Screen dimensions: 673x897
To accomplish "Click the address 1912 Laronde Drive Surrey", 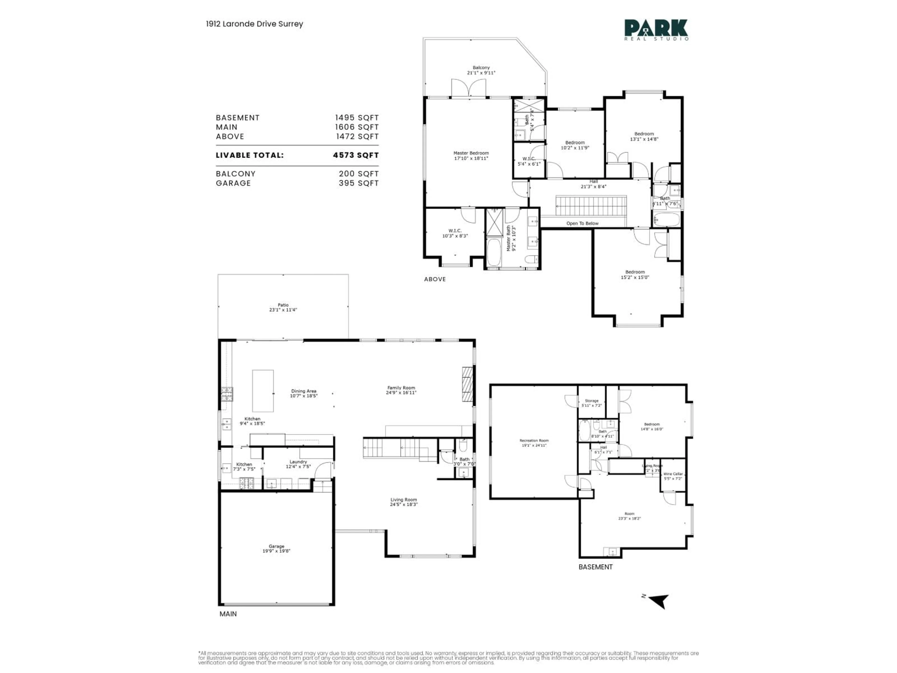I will click(254, 24).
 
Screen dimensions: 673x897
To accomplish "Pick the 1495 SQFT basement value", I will click(356, 118).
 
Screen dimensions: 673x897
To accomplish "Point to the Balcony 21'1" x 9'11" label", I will click(481, 70).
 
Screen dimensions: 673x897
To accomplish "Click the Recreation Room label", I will click(534, 443).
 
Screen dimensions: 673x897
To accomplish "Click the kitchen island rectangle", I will click(263, 391).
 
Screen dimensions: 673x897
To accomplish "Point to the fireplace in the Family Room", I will click(468, 384).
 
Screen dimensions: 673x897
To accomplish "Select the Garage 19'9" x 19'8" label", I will click(276, 548).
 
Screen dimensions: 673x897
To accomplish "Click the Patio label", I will click(283, 307).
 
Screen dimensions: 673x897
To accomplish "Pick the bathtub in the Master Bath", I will click(494, 252).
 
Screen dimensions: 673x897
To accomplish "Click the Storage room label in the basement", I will click(592, 403).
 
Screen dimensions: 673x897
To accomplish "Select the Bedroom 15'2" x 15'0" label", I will click(635, 275).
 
